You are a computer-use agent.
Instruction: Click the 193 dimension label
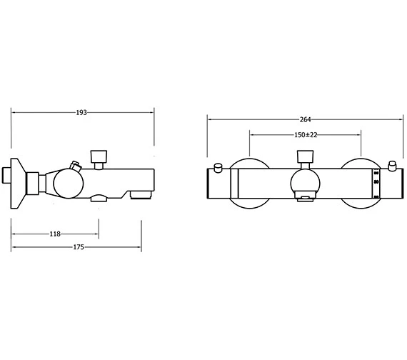tap(81, 112)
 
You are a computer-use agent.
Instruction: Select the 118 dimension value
tap(55, 234)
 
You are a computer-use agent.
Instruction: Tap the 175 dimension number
tap(79, 247)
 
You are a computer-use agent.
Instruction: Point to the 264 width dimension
tap(306, 119)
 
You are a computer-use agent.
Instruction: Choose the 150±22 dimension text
tap(306, 135)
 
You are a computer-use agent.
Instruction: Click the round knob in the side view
tap(69, 184)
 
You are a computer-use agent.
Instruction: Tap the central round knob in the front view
tap(306, 184)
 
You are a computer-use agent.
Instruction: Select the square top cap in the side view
tap(99, 156)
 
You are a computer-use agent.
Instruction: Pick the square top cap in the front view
tap(306, 156)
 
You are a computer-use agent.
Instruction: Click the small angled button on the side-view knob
tap(76, 166)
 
